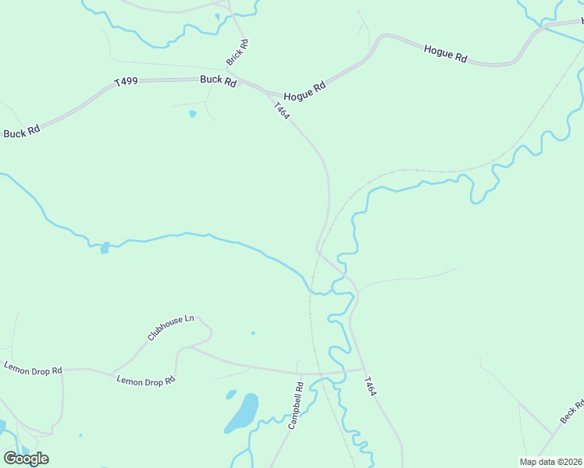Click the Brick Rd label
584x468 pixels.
coord(237,52)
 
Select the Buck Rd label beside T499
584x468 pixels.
coord(218,80)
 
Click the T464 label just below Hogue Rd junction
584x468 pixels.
coord(282,110)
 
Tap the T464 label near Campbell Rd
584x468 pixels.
coord(370,387)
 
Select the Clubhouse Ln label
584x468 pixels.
coord(170,328)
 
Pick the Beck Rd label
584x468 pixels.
coord(572,412)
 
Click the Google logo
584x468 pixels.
coord(26,458)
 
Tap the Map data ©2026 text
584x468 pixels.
coord(550,462)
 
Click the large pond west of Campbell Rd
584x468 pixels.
coord(243,413)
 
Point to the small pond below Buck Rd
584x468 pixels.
coord(192,114)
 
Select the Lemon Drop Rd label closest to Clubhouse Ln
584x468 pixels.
coord(146,381)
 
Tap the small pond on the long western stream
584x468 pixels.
coord(105,248)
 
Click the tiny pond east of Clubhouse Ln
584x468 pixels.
coord(252,333)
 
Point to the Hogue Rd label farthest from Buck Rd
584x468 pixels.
coord(445,54)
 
